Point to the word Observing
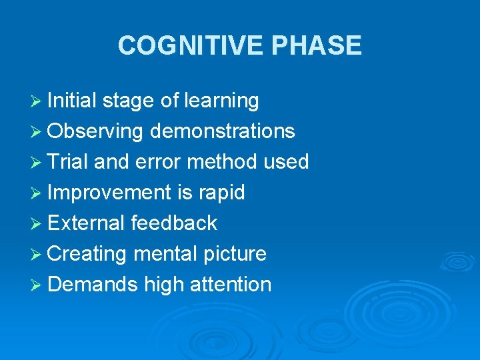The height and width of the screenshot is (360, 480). [x=95, y=131]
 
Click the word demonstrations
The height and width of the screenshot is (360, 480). [x=223, y=131]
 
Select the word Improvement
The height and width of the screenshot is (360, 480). [x=109, y=193]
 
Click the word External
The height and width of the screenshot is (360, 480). [x=86, y=223]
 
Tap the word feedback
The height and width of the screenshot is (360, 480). [x=174, y=223]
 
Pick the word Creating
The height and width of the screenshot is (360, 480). [x=87, y=254]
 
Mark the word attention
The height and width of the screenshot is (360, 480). [x=231, y=285]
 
